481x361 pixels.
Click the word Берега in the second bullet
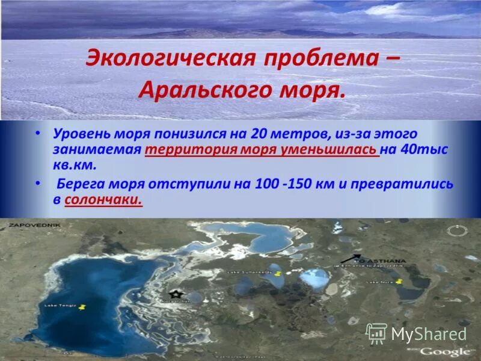pos(81,184)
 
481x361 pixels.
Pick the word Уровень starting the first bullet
pos(78,133)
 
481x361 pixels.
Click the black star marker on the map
pos(175,294)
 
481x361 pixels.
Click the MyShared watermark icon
pos(376,333)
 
